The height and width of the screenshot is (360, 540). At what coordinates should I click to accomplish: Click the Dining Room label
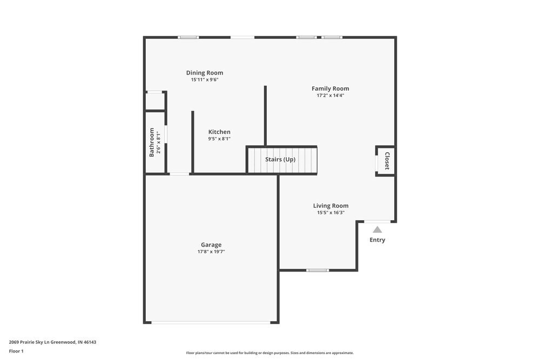[x=204, y=73]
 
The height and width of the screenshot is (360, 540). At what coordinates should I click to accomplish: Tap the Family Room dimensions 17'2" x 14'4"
[x=330, y=96]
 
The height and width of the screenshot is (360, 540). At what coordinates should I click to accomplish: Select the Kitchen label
[x=219, y=132]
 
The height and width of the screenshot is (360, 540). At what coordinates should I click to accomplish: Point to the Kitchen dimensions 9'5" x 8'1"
[x=219, y=139]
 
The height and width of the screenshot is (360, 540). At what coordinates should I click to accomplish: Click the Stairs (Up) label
[x=280, y=160]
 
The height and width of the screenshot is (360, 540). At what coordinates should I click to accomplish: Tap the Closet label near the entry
[x=387, y=161]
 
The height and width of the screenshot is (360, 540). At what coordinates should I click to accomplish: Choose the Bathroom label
[x=152, y=142]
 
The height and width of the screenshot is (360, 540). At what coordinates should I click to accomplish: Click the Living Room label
[x=330, y=206]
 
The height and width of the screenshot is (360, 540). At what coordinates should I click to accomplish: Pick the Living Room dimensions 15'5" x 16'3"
[x=330, y=213]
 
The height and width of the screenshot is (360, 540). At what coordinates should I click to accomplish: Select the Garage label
[x=211, y=244]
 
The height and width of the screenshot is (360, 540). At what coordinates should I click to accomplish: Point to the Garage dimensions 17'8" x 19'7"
[x=211, y=252]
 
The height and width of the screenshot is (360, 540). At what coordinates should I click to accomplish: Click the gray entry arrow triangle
[x=377, y=229]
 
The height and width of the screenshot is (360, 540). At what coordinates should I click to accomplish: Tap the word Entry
[x=377, y=240]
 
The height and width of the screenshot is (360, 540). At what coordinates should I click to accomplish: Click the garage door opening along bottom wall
[x=211, y=323]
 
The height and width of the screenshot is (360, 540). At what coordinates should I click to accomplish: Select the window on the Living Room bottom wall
[x=318, y=270]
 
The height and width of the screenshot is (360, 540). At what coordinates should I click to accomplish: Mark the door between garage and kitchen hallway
[x=179, y=174]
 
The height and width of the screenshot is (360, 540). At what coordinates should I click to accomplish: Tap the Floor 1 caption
[x=16, y=351]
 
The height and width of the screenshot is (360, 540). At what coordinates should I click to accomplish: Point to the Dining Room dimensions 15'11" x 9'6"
[x=204, y=80]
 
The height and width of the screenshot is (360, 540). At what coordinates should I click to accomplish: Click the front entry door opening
[x=377, y=221]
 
